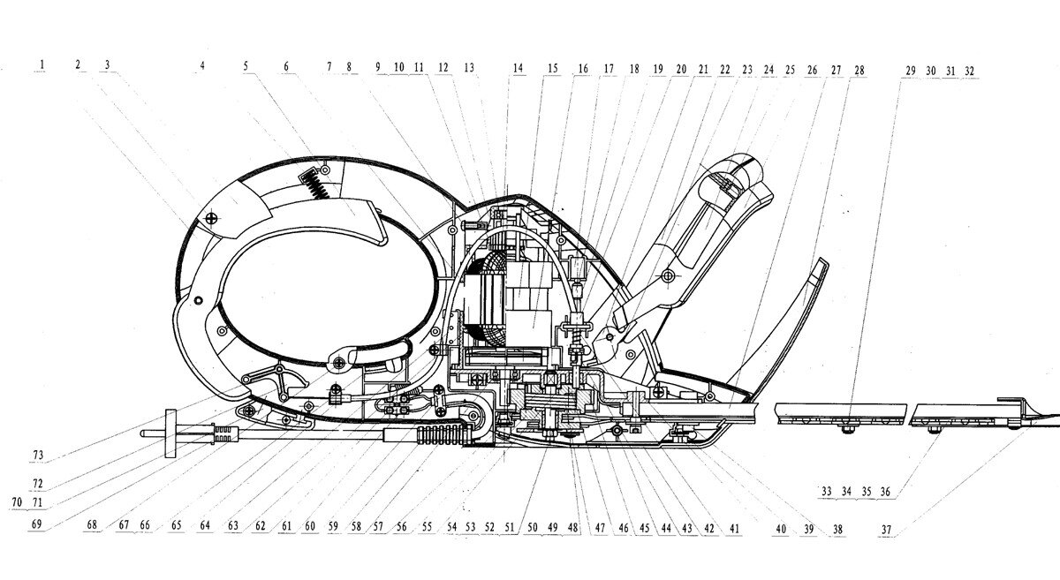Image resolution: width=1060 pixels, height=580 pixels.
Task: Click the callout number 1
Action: (42, 65)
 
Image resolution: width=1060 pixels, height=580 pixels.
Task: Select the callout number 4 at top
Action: (202, 65)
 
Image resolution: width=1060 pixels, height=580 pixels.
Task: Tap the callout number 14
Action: (518, 67)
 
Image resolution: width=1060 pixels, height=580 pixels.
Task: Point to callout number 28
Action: (859, 68)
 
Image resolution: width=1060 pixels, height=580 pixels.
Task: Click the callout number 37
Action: (887, 530)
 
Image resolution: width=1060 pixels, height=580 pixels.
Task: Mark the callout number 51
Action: (509, 529)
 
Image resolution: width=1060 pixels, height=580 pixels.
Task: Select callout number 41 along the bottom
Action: (733, 529)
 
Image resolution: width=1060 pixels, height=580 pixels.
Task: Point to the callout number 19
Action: (658, 68)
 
